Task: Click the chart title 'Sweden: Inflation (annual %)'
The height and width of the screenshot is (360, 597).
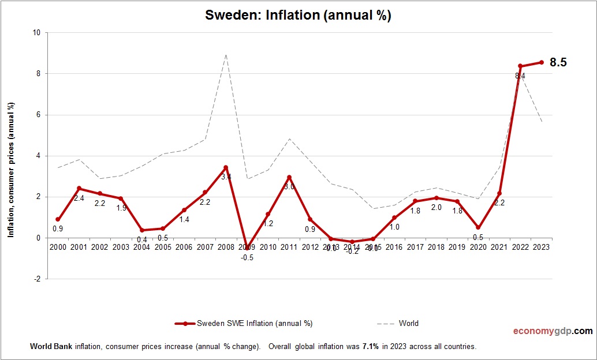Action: click(x=298, y=16)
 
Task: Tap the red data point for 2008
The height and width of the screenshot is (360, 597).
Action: click(x=226, y=168)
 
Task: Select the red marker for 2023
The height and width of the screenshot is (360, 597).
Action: click(x=541, y=62)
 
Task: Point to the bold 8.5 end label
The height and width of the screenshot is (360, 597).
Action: click(x=558, y=62)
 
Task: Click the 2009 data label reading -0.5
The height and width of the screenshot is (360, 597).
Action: click(x=247, y=258)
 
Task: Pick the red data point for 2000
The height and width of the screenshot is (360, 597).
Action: click(x=58, y=219)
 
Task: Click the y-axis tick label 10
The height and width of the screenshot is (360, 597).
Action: click(x=36, y=33)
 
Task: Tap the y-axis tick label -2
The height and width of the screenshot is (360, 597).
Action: click(x=37, y=279)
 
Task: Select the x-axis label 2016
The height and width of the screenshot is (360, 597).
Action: click(x=394, y=247)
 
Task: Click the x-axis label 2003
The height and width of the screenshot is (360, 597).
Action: click(x=121, y=247)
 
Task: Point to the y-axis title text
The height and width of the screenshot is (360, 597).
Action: click(x=10, y=170)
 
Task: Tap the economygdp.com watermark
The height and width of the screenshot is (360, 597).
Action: click(x=553, y=331)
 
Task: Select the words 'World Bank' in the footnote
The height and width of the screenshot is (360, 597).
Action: click(x=47, y=347)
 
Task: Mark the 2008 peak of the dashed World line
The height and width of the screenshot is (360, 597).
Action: click(x=226, y=55)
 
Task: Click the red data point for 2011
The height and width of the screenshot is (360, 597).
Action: click(x=289, y=177)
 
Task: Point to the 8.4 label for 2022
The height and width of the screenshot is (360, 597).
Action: click(x=520, y=76)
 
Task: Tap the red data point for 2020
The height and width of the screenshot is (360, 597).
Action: click(x=478, y=227)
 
